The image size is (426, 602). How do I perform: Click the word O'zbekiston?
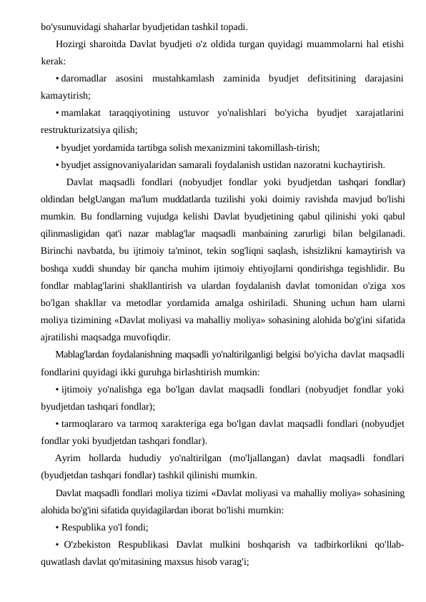(x=90, y=544)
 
